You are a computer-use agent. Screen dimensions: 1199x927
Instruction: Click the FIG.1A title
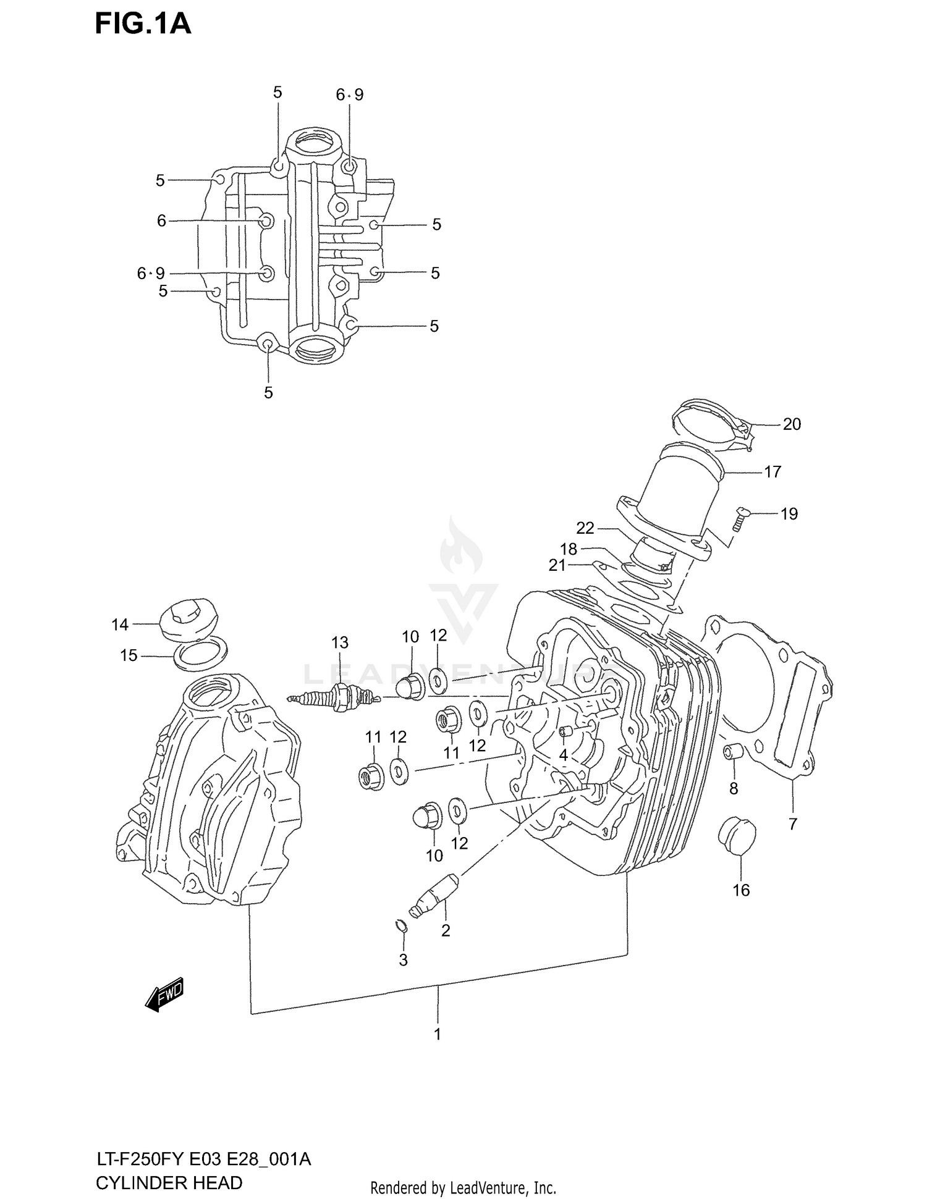tap(143, 24)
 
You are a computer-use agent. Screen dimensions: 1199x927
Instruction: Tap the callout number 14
tap(120, 625)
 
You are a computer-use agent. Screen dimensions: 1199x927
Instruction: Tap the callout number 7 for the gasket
tap(793, 823)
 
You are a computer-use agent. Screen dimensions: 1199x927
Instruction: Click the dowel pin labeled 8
tap(733, 753)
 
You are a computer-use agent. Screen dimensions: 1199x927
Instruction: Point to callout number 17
tap(772, 472)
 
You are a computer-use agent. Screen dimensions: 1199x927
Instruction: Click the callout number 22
tap(585, 528)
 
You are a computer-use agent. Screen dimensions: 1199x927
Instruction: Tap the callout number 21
tap(557, 565)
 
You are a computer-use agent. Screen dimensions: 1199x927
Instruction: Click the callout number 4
tap(563, 755)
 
